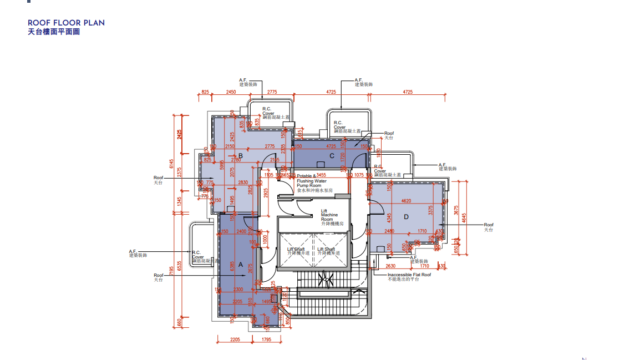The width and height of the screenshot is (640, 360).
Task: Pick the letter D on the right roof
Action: (x=406, y=216)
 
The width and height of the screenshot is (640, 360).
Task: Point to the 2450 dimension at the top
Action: (x=231, y=91)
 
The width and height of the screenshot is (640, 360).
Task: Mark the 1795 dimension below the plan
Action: (x=267, y=339)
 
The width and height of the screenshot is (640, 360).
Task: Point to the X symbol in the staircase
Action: (x=321, y=283)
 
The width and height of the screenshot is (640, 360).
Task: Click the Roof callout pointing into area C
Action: (x=390, y=133)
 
